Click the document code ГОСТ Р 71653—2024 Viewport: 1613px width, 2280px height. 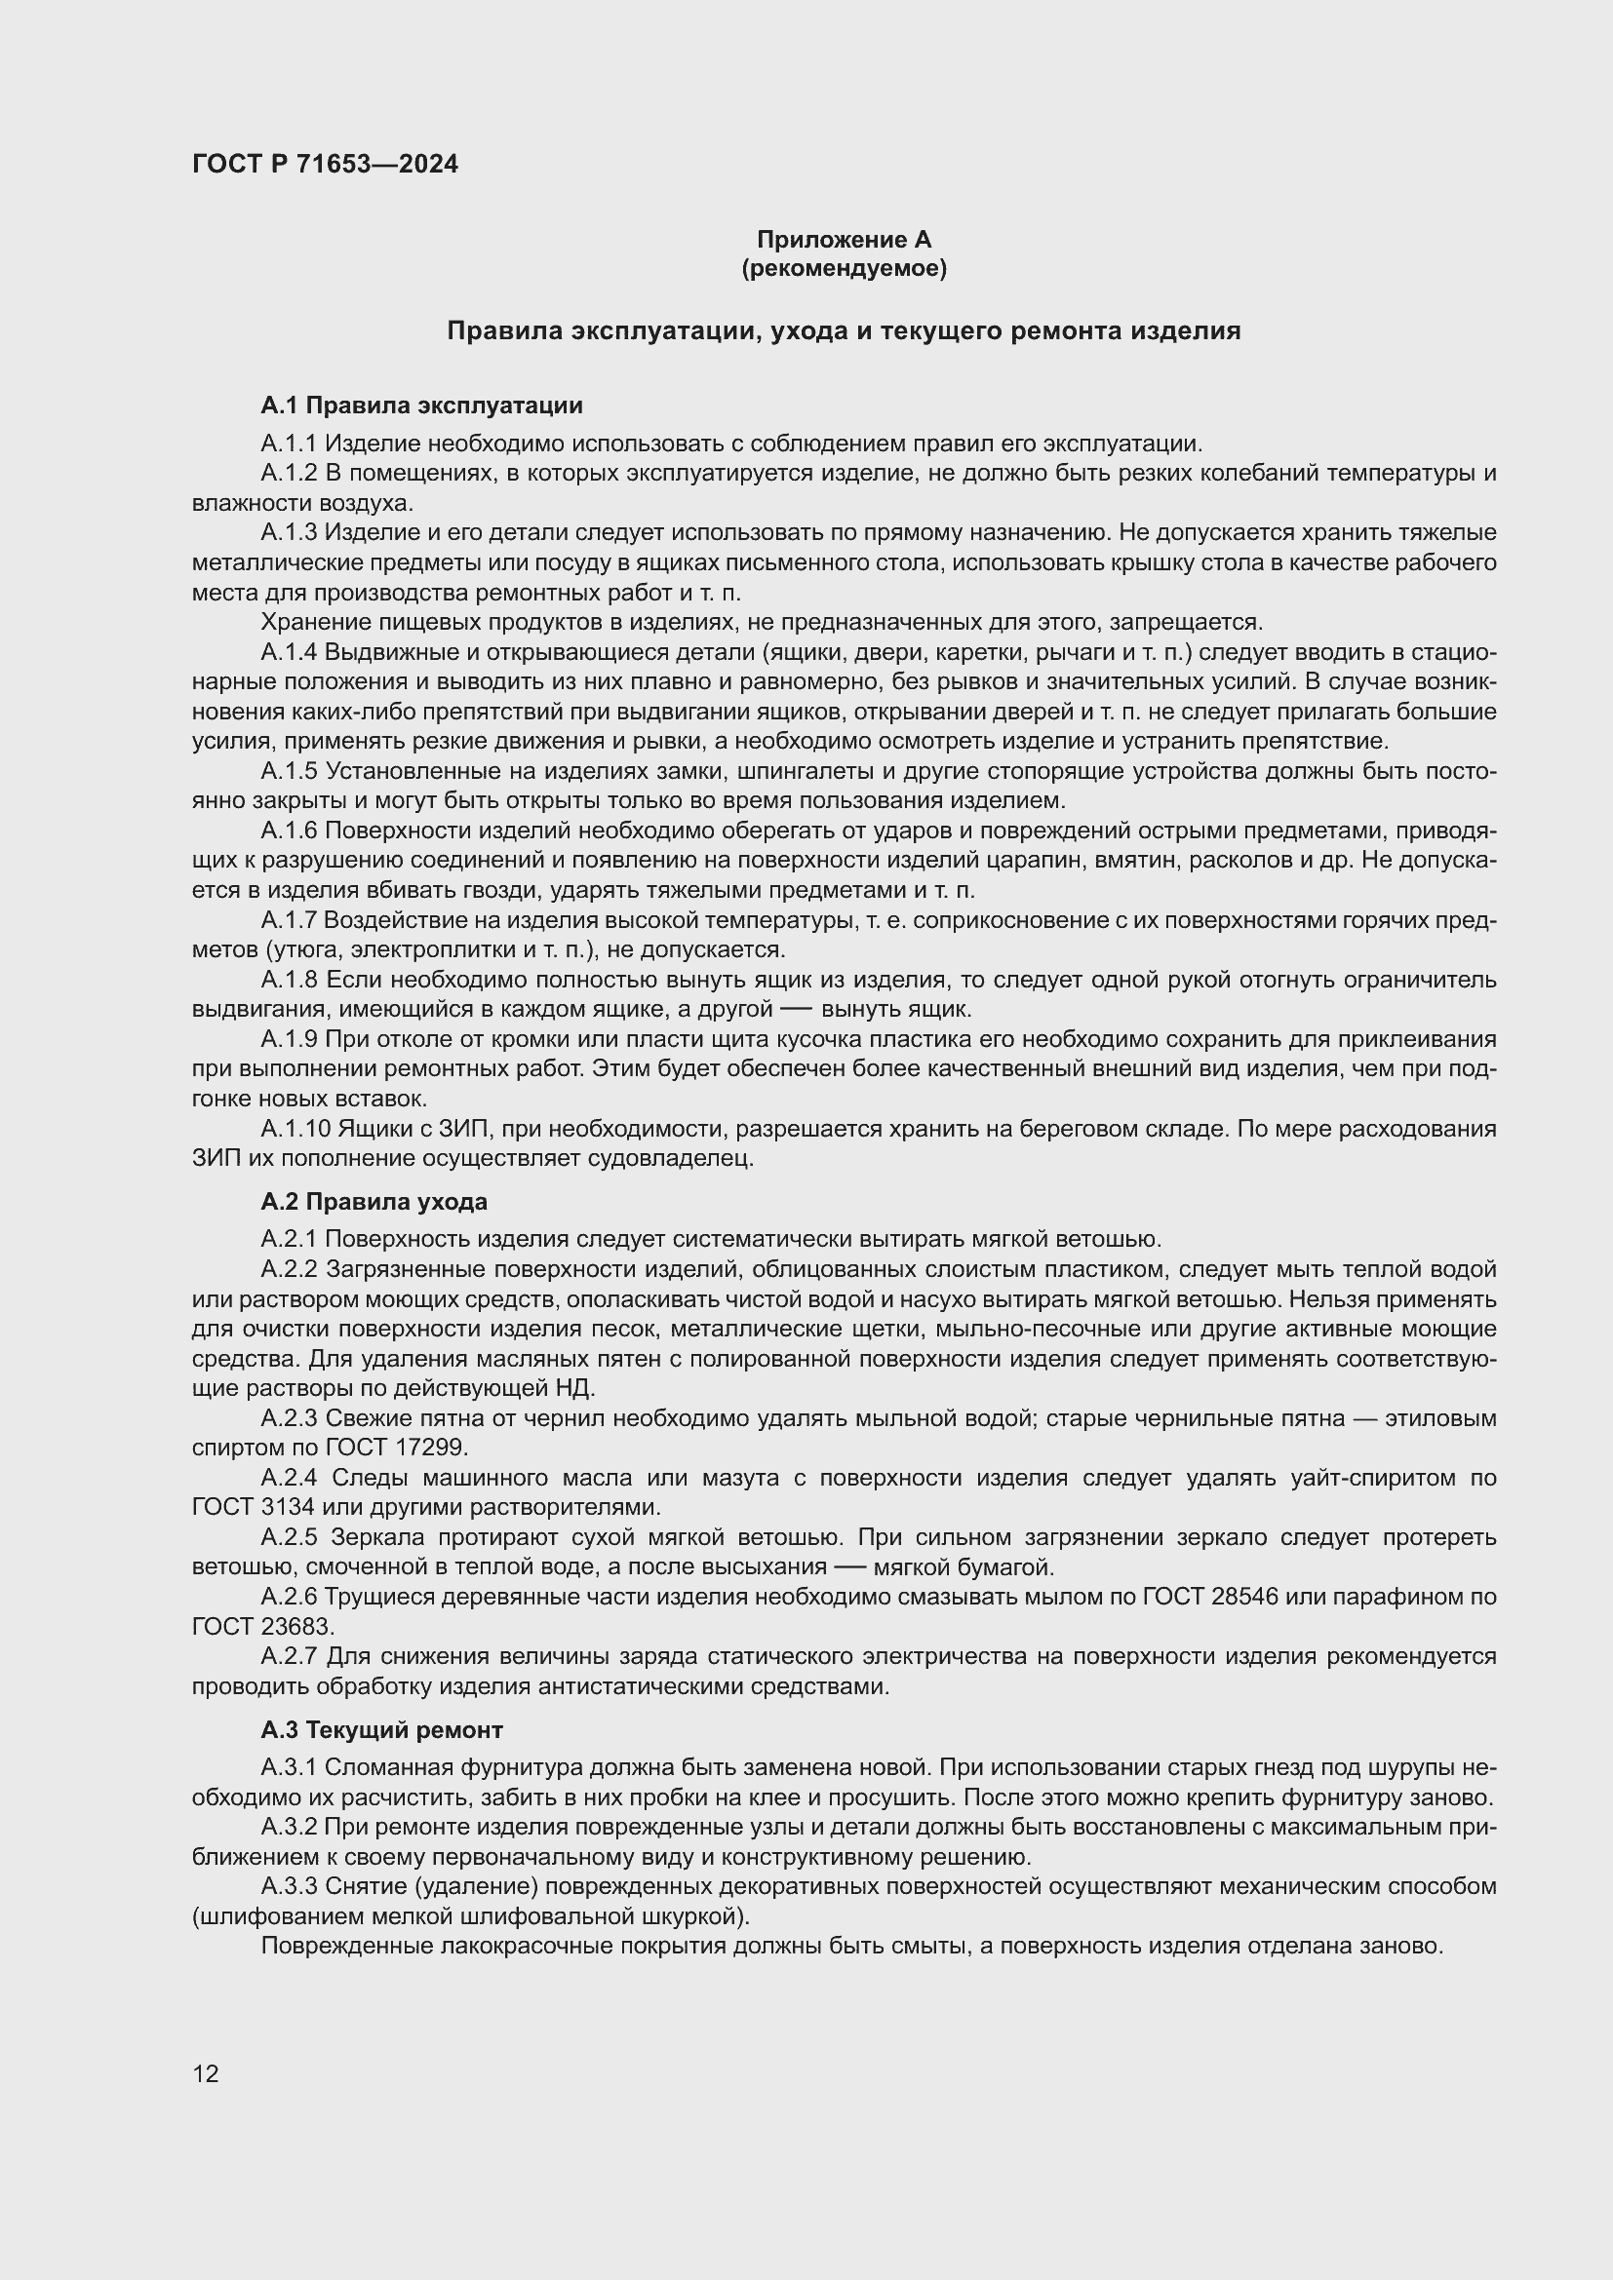pos(325,164)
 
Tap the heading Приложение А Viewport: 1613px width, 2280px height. pos(844,240)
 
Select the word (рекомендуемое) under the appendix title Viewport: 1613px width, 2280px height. pos(844,268)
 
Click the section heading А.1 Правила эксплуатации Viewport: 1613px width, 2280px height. pos(421,406)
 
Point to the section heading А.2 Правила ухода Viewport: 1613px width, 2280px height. pos(374,1202)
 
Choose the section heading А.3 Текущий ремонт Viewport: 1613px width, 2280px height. pos(381,1730)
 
